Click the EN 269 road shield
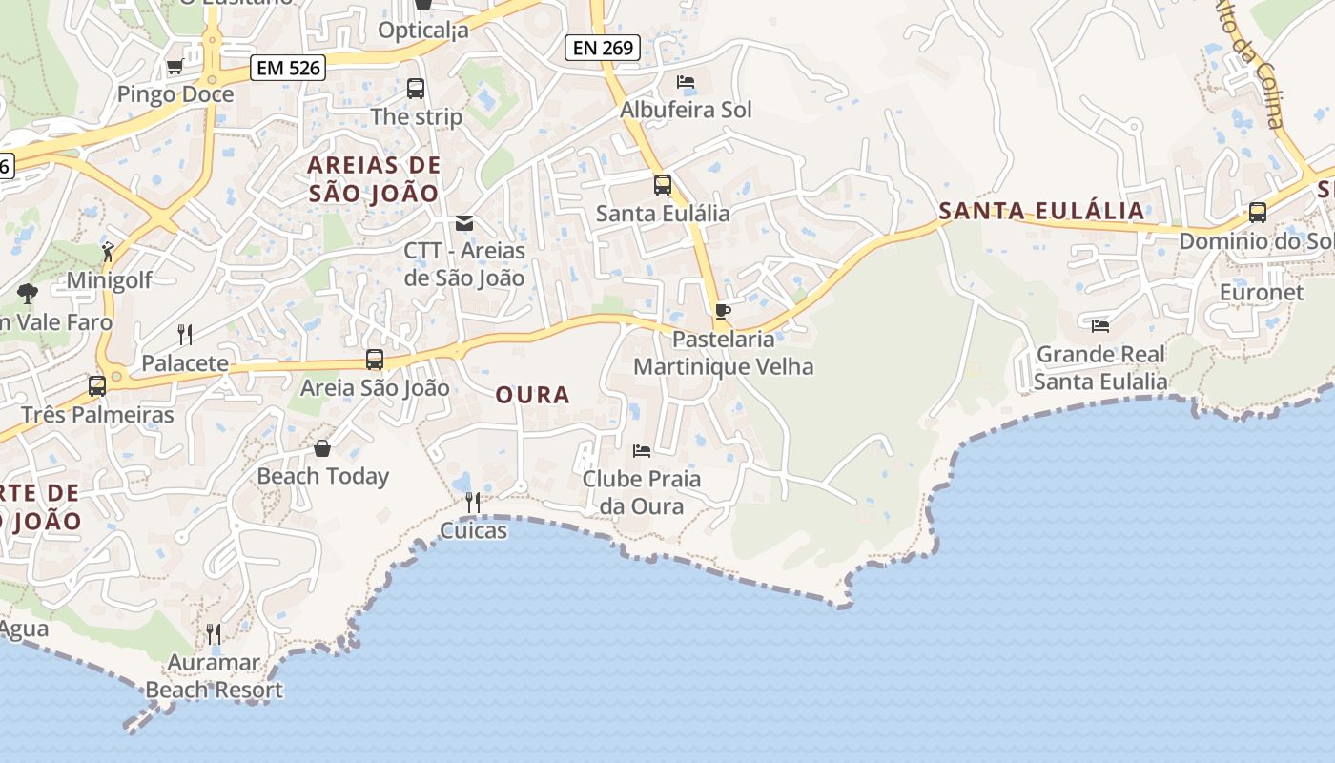pos(602,48)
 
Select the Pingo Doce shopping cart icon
pos(175,67)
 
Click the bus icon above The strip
pos(416,89)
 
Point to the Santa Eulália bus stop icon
pos(662,185)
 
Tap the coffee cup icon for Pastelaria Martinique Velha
pos(723,311)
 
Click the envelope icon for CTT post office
pos(464,223)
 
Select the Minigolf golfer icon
pos(108,252)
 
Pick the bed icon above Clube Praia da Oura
pos(642,450)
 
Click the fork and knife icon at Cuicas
pos(473,502)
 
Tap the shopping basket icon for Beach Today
pos(322,447)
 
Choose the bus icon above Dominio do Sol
pos(1258,213)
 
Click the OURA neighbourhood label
pos(532,395)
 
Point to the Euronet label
pos(1262,293)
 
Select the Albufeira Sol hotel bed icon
pos(686,82)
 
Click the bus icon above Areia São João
pos(375,360)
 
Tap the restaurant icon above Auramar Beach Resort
pos(214,633)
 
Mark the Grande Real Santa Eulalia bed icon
pos(1100,326)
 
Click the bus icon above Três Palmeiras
pos(97,386)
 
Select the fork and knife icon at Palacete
pos(185,334)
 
